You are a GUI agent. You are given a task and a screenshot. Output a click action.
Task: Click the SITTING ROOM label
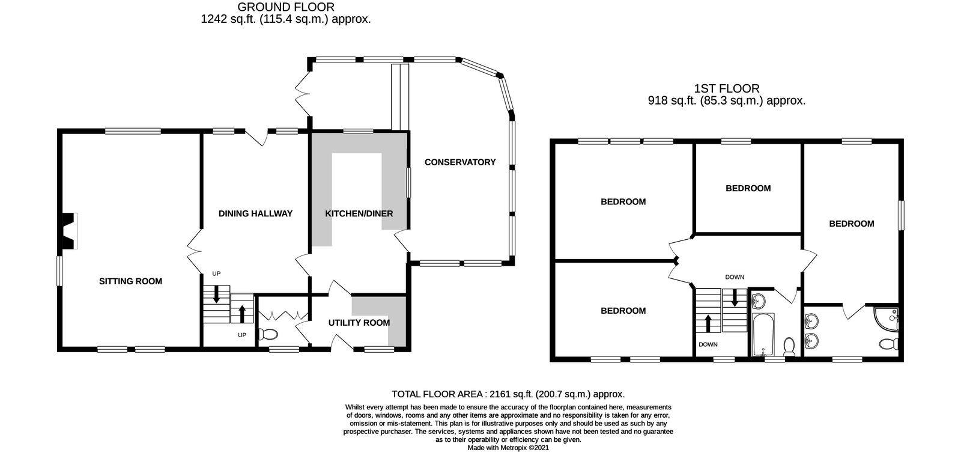click(x=130, y=281)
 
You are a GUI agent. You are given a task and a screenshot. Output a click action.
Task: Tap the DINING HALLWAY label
click(x=255, y=213)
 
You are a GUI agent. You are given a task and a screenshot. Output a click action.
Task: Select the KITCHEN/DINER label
click(x=359, y=213)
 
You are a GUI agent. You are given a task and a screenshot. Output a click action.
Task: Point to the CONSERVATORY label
click(x=460, y=162)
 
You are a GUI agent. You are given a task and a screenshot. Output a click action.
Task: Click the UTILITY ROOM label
click(x=359, y=323)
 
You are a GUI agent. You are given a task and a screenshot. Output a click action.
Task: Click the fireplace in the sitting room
click(x=68, y=231)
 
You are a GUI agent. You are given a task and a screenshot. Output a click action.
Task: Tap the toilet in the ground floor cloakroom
click(x=269, y=334)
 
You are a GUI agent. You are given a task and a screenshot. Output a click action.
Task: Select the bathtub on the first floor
click(x=762, y=335)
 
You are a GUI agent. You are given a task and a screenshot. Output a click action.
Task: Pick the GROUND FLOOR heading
click(x=285, y=7)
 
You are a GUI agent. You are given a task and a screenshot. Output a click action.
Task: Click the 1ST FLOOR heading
click(x=726, y=88)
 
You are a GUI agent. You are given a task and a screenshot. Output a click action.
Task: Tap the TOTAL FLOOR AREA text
click(x=508, y=394)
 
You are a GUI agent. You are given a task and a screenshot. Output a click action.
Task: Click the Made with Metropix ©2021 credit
click(x=508, y=447)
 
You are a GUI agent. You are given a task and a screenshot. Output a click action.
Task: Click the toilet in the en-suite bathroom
click(x=888, y=344)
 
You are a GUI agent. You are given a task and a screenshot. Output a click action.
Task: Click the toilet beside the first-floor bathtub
click(x=790, y=345)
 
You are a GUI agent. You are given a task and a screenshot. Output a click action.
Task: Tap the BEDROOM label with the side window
click(x=851, y=224)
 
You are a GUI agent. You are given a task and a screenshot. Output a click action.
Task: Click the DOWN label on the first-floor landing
click(x=735, y=277)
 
